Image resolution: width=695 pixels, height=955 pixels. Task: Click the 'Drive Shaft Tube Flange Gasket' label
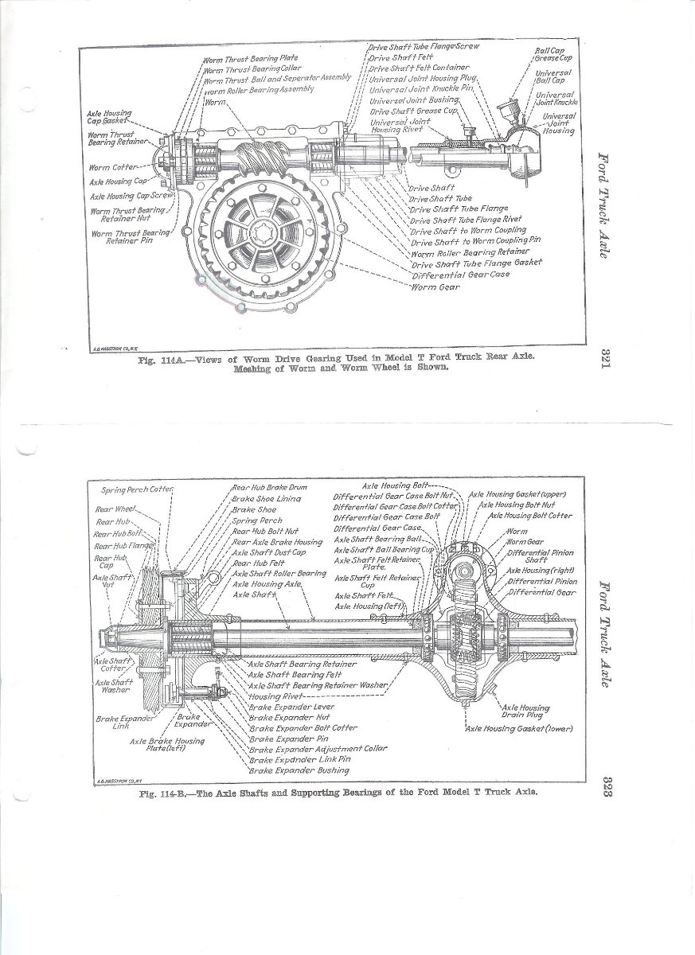click(476, 263)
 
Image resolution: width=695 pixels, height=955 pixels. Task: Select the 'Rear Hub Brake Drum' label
click(270, 487)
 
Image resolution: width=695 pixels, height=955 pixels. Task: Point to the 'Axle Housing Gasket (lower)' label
click(519, 728)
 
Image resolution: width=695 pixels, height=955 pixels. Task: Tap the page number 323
click(606, 786)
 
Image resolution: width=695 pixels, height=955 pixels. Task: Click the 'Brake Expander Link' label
click(115, 722)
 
